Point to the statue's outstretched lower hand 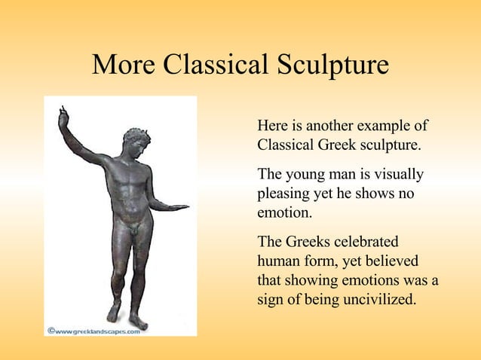coord(178,206)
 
